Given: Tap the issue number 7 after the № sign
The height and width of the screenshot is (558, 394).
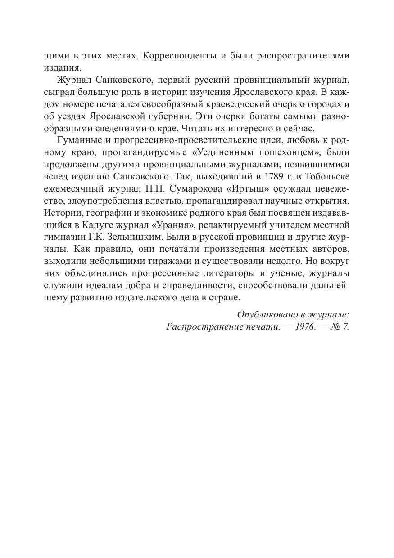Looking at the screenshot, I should point(346,326).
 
